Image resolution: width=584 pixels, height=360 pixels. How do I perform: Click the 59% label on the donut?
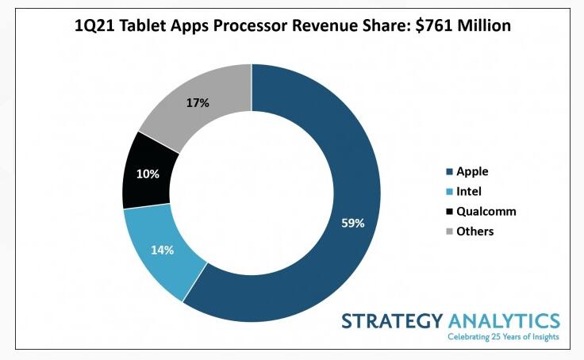(353, 224)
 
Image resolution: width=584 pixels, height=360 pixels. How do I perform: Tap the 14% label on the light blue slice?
(162, 250)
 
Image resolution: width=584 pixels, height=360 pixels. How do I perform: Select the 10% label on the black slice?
(148, 174)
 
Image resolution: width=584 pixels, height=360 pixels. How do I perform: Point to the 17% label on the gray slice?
(198, 103)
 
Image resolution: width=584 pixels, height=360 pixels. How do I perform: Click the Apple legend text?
(472, 171)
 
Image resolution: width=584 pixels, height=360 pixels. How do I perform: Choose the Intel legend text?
(469, 191)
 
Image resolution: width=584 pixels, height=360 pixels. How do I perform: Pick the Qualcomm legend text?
(486, 212)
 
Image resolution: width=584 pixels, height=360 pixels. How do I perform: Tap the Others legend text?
(475, 232)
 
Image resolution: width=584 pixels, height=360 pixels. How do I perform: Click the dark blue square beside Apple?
(450, 171)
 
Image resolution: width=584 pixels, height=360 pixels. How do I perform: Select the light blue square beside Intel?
(450, 192)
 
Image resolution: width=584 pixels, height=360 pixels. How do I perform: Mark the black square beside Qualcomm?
(450, 212)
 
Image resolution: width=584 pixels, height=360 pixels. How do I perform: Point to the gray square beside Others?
(450, 232)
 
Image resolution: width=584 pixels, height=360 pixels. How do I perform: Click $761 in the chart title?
(434, 25)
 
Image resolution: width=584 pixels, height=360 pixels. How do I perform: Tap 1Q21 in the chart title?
(94, 26)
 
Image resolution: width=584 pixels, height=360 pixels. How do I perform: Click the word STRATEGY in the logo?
(392, 321)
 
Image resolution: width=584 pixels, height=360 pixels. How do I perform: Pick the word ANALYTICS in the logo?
(504, 321)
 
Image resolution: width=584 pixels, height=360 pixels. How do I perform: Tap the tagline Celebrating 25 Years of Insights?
(503, 337)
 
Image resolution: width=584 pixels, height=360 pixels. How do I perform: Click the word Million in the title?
(484, 25)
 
